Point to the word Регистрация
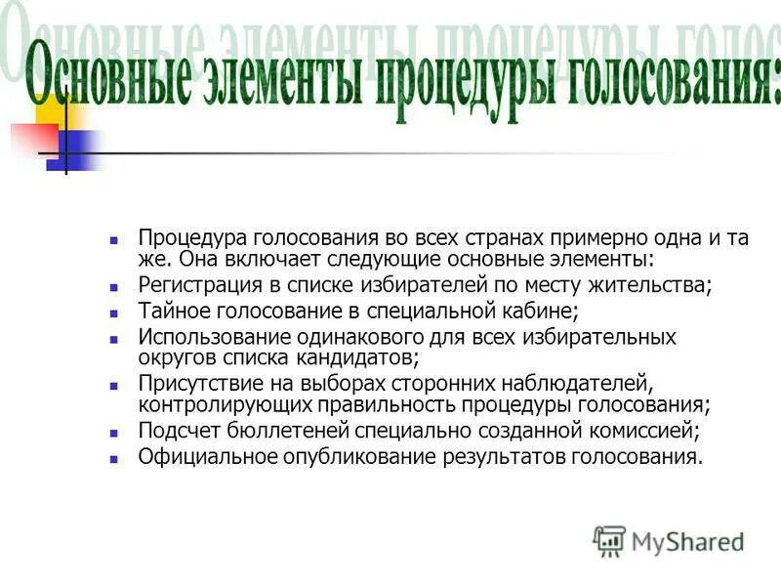(196, 286)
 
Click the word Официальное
(203, 455)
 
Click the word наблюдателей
(582, 382)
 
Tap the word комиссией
(652, 429)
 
